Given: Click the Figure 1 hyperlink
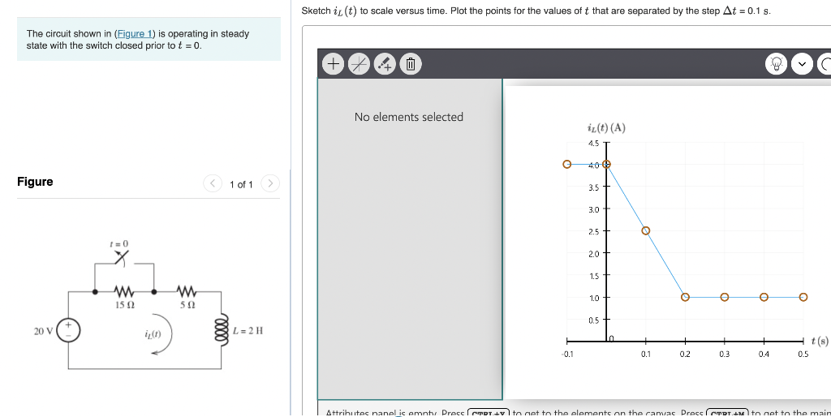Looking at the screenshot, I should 135,33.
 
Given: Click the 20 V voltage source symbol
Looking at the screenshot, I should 68,331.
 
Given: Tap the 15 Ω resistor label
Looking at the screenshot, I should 123,305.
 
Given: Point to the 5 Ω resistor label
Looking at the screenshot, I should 185,305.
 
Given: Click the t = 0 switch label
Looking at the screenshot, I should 119,243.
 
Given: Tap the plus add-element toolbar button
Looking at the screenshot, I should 333,63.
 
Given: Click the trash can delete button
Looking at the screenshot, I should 411,63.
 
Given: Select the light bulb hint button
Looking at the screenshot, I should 777,64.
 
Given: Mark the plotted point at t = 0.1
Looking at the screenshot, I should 646,230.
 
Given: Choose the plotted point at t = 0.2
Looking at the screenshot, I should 685,297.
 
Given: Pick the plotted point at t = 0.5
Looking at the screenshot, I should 803,297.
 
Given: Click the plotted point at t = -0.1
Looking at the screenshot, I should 567,164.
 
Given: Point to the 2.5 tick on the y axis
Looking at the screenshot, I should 605,231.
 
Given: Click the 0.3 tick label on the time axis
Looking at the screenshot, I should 724,355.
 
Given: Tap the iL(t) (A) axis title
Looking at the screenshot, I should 605,127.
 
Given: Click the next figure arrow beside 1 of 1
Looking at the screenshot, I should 271,184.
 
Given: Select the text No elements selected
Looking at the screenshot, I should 408,117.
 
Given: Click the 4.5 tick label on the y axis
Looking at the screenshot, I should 592,143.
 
